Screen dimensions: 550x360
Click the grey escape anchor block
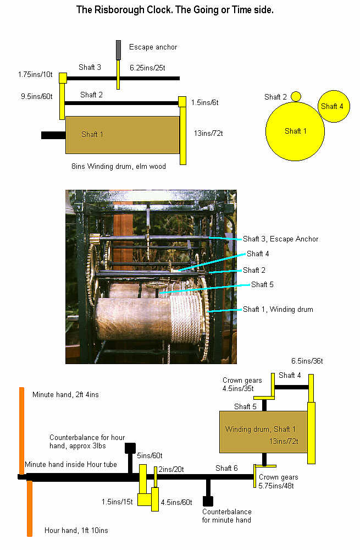click(118, 50)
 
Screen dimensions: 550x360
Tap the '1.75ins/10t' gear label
click(35, 74)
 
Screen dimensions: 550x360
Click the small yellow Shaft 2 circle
click(296, 97)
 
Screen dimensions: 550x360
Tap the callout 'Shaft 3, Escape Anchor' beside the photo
click(280, 239)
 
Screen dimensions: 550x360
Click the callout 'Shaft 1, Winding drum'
click(278, 310)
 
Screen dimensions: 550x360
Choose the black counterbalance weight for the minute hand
click(208, 501)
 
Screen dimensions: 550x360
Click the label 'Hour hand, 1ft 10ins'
click(76, 530)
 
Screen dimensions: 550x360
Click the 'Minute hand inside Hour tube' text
click(71, 465)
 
